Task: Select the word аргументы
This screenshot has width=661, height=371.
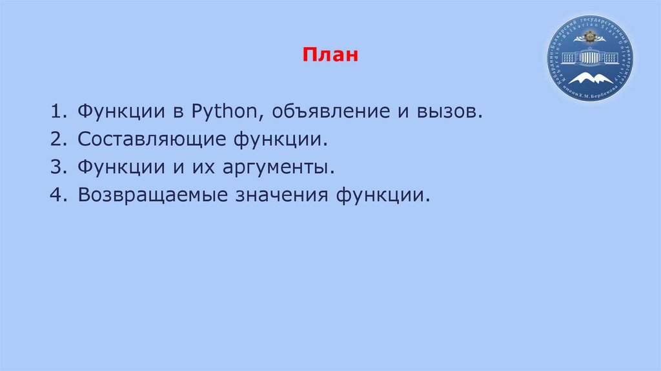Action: click(278, 167)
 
